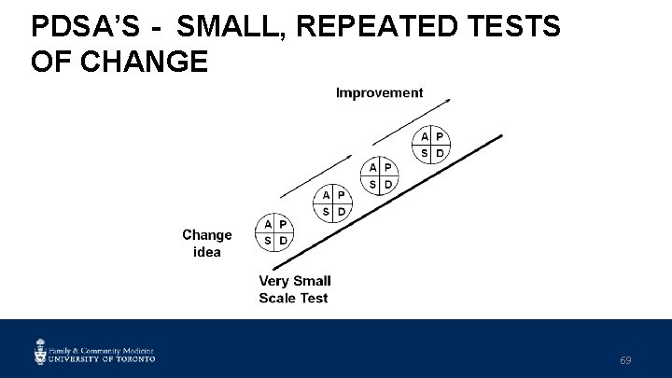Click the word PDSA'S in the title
coord(82,26)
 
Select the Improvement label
coord(379,92)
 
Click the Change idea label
coord(206,243)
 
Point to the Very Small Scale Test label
coord(294,289)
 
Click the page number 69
coord(625,360)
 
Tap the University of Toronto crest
coord(41,351)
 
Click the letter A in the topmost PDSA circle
coord(425,136)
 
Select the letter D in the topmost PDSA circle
coord(441,152)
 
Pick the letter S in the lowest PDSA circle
coord(268,241)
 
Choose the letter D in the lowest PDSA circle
coord(284,241)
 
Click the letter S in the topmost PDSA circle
coord(425,152)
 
